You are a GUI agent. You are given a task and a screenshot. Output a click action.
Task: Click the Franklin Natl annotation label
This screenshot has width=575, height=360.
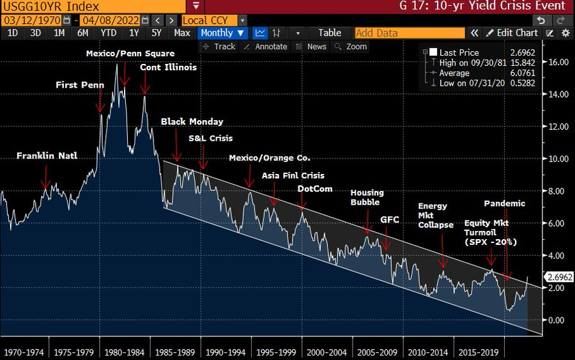47,155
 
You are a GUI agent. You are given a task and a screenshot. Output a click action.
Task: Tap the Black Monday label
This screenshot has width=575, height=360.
192,121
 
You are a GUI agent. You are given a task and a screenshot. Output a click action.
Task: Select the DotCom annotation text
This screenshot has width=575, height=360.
314,189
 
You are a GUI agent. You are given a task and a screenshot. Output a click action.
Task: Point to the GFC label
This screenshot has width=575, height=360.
389,219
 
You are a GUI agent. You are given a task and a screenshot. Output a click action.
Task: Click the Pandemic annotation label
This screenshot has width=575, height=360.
504,203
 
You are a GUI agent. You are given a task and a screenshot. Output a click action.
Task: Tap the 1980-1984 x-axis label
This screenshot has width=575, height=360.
124,352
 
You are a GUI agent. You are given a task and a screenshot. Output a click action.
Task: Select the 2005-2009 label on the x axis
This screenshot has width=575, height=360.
378,352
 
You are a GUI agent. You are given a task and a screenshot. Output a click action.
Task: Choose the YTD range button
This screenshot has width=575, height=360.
109,33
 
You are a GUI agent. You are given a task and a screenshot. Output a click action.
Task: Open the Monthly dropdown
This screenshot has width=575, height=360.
222,33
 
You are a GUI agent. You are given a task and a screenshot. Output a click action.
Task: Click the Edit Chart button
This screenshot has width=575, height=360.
512,33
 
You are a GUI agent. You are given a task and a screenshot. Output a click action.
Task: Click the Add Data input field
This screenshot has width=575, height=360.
409,33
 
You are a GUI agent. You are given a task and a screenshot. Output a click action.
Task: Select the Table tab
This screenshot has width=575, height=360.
330,33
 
